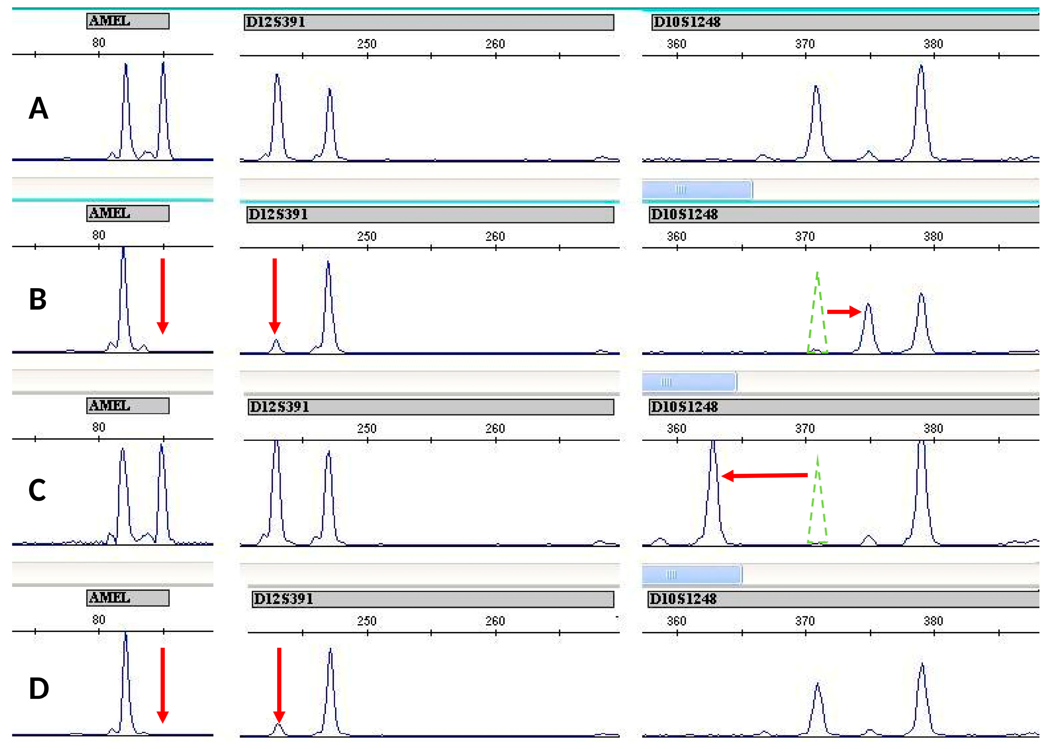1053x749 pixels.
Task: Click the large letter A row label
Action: point(38,108)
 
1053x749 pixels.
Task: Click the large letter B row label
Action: point(38,299)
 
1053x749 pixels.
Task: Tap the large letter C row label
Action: point(37,490)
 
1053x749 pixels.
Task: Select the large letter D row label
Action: point(39,688)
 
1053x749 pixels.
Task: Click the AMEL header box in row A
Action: point(127,21)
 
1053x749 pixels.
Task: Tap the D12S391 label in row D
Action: point(283,599)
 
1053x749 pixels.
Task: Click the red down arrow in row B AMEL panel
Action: point(162,295)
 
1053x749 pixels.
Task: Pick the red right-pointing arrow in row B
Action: point(844,312)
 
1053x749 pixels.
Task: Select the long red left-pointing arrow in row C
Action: point(764,476)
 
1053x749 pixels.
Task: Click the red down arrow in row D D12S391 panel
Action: point(279,684)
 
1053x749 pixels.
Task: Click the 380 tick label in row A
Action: point(933,44)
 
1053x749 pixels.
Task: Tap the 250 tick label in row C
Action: point(367,429)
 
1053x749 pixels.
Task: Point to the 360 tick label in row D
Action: point(676,621)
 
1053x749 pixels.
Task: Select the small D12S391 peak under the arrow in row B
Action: point(276,346)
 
